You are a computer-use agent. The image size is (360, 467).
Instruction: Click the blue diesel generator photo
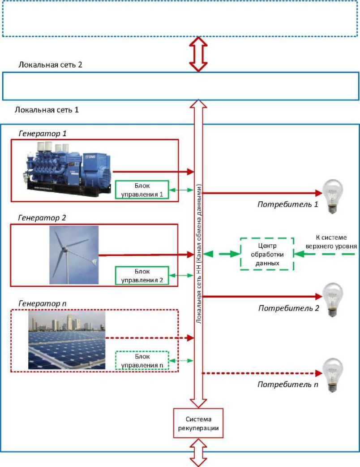(65, 168)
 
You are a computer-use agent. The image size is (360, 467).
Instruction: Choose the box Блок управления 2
(141, 275)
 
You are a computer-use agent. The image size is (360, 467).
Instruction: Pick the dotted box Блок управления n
(141, 360)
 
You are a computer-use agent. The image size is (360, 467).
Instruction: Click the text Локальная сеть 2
(50, 65)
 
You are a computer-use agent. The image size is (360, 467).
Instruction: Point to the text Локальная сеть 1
(47, 109)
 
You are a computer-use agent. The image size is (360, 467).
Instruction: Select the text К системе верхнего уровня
(334, 242)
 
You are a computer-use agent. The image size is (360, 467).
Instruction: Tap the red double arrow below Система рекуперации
(198, 453)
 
